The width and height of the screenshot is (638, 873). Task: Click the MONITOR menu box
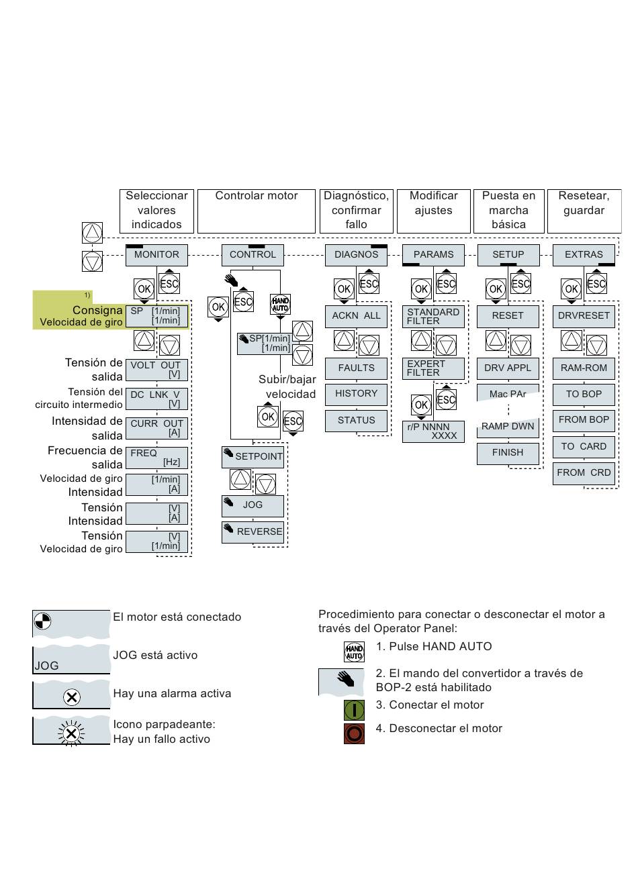point(156,255)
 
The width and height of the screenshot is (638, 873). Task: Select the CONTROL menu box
point(253,255)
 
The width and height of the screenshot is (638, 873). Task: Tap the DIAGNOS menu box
point(356,255)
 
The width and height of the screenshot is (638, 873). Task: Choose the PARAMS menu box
point(433,255)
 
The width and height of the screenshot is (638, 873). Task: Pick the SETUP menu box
point(508,255)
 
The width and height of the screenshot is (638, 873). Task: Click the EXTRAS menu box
point(584,255)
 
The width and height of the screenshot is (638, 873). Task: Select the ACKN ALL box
point(356,316)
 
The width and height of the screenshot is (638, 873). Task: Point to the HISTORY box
point(356,394)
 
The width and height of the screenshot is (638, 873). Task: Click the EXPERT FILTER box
point(433,368)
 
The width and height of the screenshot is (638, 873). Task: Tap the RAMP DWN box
point(508,427)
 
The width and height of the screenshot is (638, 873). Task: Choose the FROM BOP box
point(584,420)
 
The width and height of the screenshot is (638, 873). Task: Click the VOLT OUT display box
point(156,370)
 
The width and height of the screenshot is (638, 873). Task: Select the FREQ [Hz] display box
point(156,458)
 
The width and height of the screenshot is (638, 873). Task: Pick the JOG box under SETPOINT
point(253,505)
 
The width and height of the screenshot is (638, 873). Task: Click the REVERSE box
point(253,532)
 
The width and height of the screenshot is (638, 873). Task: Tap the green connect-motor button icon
point(354,709)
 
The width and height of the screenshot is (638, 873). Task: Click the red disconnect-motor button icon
point(354,733)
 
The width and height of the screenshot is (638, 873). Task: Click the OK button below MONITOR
point(144,289)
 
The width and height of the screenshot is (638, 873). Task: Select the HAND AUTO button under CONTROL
point(280,304)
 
